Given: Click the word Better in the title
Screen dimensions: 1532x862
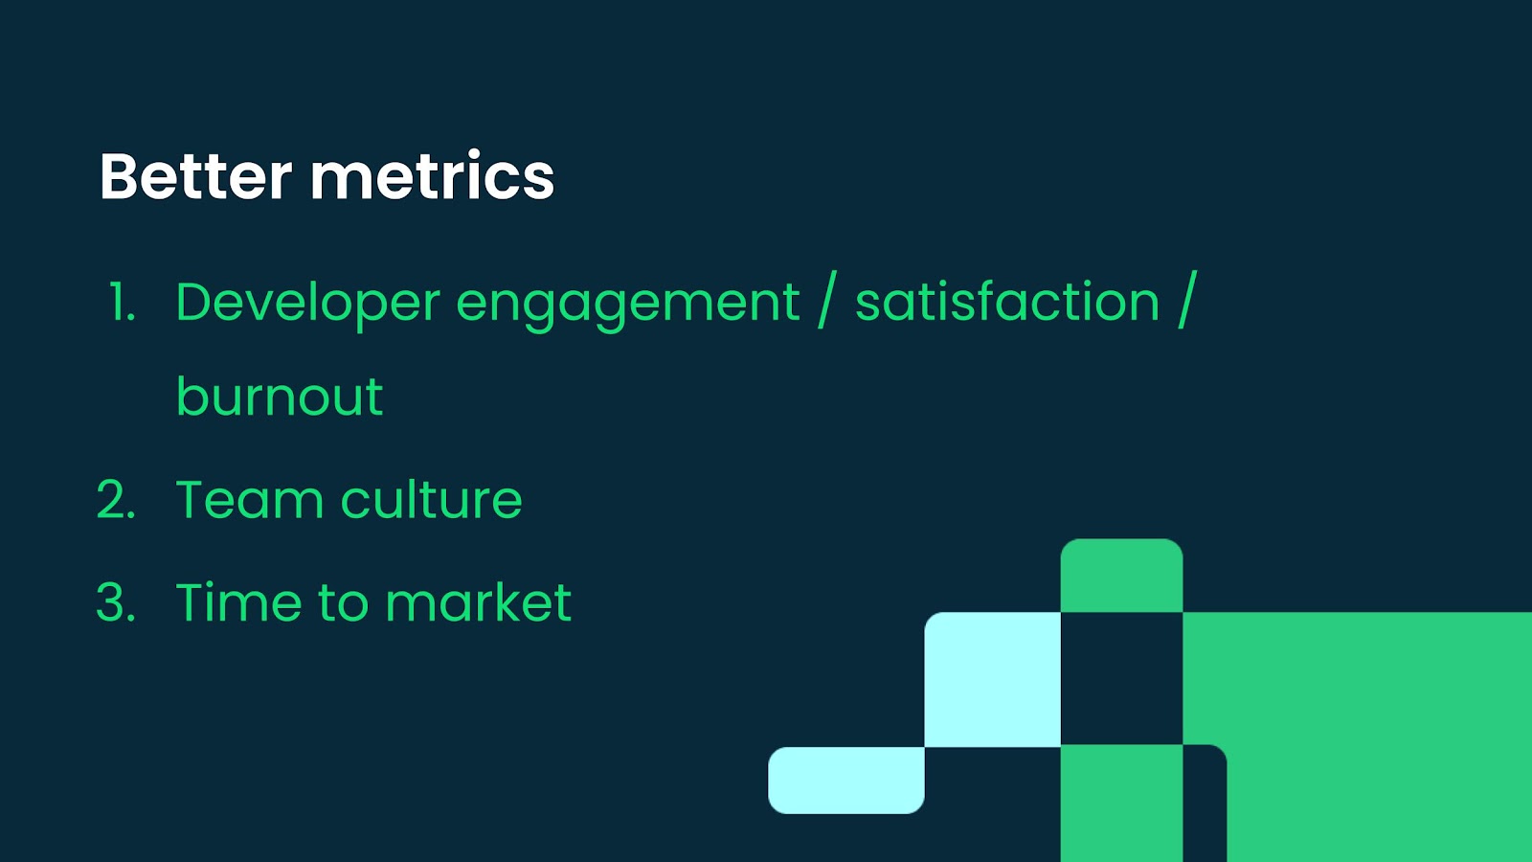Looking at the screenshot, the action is pos(196,176).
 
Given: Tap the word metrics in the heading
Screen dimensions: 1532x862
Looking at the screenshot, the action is pos(432,176).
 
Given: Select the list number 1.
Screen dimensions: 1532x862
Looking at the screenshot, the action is pos(123,302).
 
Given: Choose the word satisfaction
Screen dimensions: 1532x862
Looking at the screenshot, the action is pos(1006,301).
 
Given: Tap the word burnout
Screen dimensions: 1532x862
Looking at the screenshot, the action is pos(279,396).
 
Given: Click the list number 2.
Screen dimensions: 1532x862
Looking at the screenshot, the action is pos(116,499).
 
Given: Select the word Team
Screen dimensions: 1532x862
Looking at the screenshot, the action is pos(250,499).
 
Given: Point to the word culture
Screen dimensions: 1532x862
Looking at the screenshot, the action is pos(431,499).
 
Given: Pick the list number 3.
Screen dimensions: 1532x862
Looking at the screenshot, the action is pos(116,602).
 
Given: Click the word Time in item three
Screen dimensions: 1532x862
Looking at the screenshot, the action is pos(238,601).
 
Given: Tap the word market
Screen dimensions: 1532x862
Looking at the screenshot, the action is pos(478,601).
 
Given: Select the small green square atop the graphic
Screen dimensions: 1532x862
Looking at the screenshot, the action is pos(1121,576).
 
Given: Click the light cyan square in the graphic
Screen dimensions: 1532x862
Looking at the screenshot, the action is pos(992,679).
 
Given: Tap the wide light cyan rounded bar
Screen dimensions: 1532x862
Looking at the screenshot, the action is pos(846,781).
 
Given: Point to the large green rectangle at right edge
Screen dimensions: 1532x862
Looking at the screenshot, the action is pos(1358,737).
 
